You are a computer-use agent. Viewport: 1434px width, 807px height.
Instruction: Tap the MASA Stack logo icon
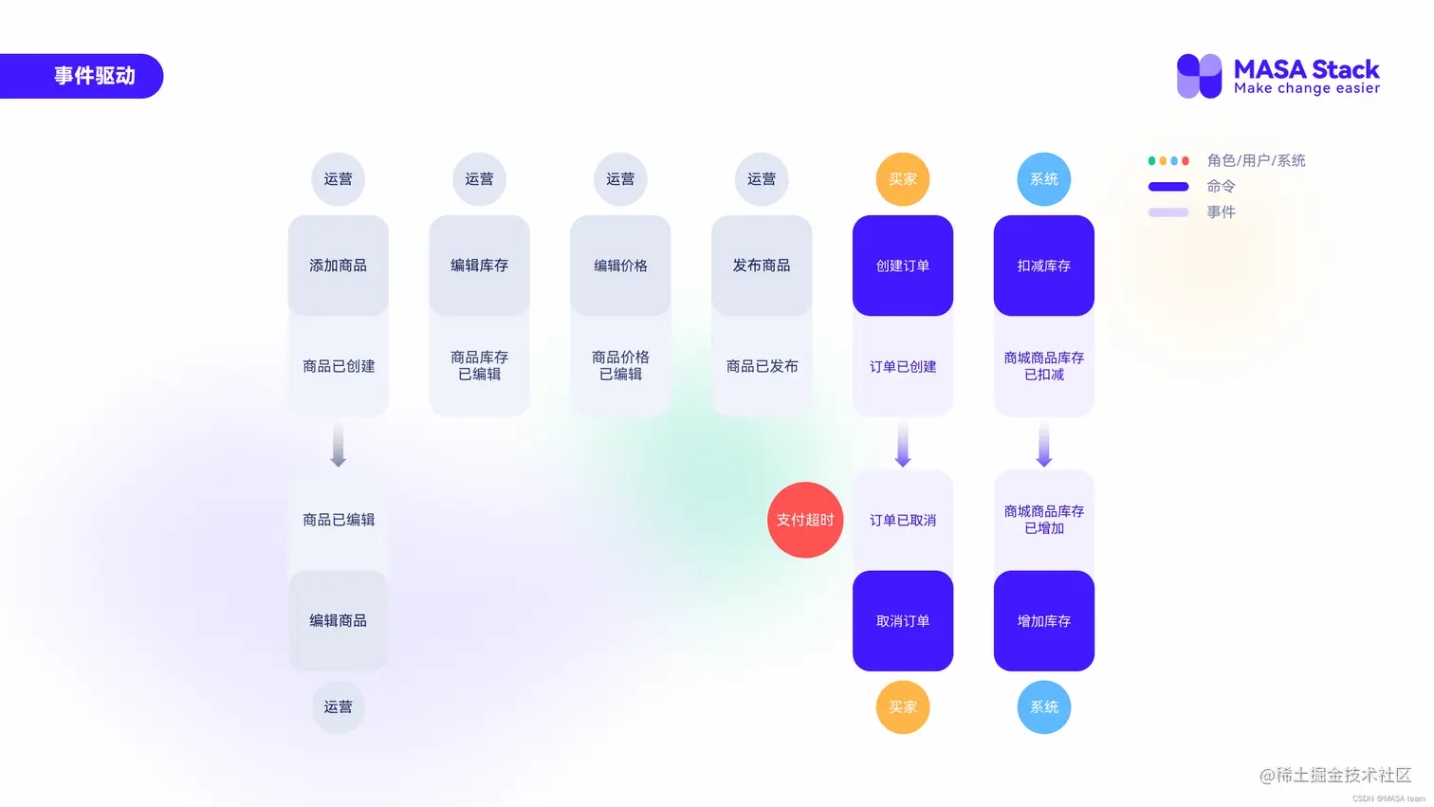point(1199,76)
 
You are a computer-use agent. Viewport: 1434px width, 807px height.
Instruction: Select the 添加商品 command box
point(339,266)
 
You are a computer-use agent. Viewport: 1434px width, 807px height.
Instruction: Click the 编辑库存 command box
point(479,266)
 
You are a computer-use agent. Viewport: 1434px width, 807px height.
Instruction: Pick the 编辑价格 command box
point(620,266)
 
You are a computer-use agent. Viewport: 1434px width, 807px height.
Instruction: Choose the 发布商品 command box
point(762,266)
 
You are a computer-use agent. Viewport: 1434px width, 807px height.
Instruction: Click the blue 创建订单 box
point(903,266)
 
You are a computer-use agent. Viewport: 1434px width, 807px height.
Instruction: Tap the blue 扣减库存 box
point(1044,266)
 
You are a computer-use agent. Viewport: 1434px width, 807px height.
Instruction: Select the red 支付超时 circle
point(805,520)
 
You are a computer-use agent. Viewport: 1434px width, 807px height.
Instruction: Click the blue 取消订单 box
point(903,621)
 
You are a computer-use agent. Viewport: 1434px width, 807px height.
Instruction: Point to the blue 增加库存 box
point(1044,621)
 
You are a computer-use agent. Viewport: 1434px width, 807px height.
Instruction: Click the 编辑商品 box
point(339,621)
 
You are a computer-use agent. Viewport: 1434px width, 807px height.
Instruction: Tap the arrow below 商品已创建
point(339,446)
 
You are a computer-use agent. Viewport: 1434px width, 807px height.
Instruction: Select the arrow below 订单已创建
point(903,446)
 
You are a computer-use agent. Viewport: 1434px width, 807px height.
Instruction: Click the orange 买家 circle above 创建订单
point(903,179)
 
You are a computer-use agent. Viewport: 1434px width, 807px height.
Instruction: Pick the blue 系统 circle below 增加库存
point(1044,707)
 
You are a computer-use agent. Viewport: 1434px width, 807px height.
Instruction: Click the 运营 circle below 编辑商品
point(339,707)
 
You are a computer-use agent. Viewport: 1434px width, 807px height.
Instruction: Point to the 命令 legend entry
point(1220,187)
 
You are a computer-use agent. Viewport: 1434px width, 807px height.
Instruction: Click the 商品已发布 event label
point(762,366)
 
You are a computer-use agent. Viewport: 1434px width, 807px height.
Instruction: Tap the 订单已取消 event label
point(903,520)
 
